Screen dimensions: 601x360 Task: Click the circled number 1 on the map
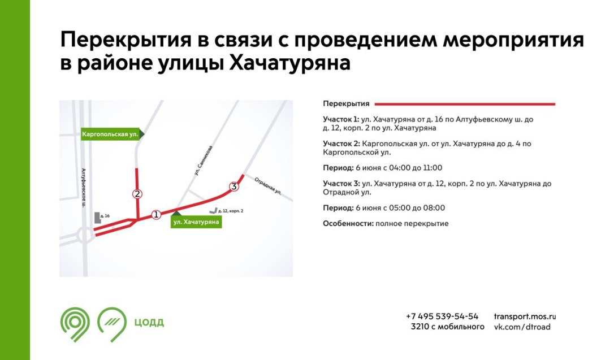tap(156, 214)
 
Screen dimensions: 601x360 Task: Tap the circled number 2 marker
tap(137, 194)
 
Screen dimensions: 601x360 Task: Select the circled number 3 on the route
tap(234, 186)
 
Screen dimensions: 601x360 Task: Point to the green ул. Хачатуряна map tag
tap(196, 221)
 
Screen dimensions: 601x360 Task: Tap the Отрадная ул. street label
tap(268, 186)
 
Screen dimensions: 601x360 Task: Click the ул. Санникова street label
tap(203, 161)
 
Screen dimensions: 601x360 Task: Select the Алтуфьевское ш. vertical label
tap(84, 188)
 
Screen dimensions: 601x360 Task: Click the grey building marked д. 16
tap(97, 218)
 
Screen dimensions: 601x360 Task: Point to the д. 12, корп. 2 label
tap(230, 211)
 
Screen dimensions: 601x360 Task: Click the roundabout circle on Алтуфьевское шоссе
tap(85, 235)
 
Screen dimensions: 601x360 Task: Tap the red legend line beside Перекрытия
tap(465, 104)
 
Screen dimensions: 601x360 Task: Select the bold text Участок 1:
tap(341, 119)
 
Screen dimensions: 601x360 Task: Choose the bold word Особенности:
tap(348, 224)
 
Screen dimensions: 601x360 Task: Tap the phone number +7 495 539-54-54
tap(442, 316)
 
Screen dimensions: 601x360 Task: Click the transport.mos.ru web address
tap(525, 316)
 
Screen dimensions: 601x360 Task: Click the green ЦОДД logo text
tap(149, 323)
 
